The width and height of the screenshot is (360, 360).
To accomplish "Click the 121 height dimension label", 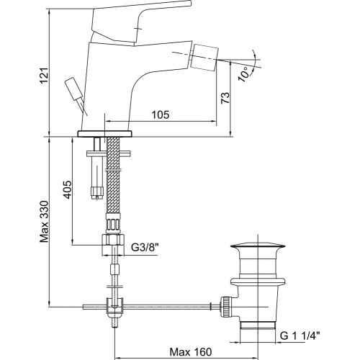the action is [45, 76].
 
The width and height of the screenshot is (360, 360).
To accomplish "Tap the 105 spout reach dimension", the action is [161, 114].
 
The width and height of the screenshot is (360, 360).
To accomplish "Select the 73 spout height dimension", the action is [225, 98].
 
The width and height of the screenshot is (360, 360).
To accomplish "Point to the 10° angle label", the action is [244, 74].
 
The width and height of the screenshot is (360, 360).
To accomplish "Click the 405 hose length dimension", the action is [67, 189].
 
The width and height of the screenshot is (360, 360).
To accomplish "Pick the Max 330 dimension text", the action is [45, 221].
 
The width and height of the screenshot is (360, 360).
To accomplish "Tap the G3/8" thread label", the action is [145, 247].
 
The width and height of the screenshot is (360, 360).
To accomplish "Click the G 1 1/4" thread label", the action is [300, 336].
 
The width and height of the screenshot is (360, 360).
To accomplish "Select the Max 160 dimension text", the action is [191, 352].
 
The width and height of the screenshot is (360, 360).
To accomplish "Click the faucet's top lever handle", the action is [142, 23].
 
